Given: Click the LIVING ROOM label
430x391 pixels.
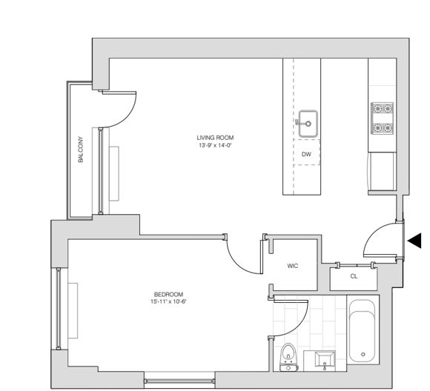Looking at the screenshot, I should click(x=215, y=138).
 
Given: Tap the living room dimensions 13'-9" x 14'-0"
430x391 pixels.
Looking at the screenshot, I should click(x=215, y=145).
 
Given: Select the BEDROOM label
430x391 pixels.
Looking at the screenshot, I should click(x=168, y=295).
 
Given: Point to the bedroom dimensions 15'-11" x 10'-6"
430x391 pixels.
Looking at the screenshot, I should click(x=168, y=302).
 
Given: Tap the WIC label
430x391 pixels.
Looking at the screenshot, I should click(x=292, y=267).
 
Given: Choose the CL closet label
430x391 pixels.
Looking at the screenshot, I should click(x=354, y=276).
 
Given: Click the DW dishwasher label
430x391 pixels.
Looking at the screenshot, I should click(x=305, y=154).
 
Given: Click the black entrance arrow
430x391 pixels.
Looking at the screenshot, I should click(x=414, y=240).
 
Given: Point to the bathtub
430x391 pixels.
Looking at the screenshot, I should click(x=363, y=330).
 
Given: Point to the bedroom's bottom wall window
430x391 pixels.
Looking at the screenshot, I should click(x=178, y=381).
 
